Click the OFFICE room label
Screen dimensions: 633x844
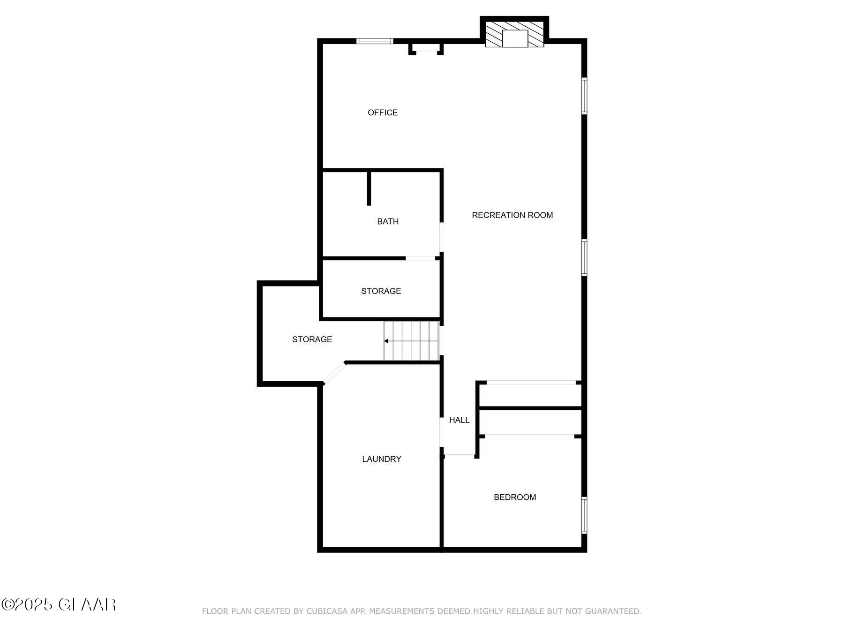383,113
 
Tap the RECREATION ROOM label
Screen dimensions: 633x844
512,215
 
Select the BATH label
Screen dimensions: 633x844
388,221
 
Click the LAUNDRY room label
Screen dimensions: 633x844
382,459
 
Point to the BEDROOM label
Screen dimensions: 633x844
515,497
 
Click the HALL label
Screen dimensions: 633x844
459,420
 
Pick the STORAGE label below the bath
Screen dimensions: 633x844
381,291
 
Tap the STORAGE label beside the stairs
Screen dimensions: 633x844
312,339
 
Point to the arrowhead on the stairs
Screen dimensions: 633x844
386,341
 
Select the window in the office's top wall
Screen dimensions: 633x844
374,41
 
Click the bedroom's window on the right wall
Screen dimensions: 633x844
584,515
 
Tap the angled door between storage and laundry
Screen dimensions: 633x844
334,374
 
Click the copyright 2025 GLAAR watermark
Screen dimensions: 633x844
59,604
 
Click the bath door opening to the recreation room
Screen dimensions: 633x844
441,237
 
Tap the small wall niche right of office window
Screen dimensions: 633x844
426,48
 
